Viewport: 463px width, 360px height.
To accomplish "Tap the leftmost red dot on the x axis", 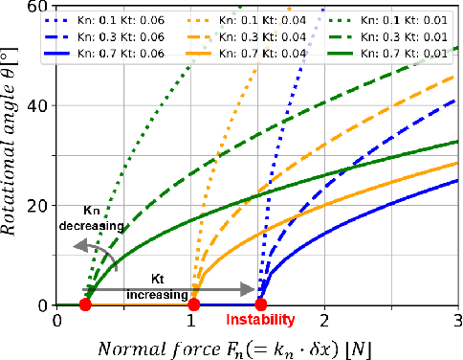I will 85,305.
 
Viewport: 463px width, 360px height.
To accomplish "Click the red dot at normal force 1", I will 193,305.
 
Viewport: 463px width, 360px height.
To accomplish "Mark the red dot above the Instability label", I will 259,305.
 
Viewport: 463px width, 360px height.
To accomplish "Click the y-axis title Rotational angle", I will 13,153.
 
